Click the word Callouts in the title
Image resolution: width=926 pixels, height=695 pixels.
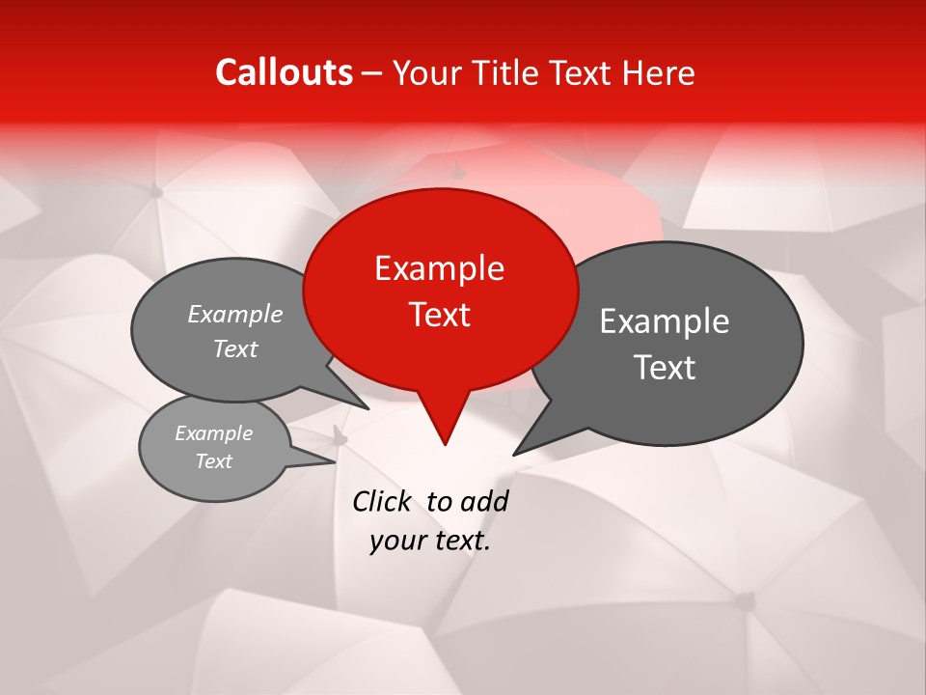(284, 72)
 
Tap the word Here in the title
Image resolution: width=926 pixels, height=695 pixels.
(658, 73)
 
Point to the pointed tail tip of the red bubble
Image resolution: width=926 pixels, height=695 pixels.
(445, 444)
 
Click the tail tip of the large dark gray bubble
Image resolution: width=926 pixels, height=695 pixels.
(514, 454)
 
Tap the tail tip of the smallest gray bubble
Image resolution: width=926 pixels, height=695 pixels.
(334, 460)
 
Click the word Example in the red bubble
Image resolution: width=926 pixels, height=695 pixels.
(439, 268)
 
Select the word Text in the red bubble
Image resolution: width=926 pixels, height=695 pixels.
(440, 315)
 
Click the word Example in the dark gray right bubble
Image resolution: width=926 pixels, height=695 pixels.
(665, 321)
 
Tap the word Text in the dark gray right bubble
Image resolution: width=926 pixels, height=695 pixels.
(666, 368)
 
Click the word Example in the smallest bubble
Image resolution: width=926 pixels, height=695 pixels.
(213, 433)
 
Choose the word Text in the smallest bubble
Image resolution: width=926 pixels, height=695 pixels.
(213, 461)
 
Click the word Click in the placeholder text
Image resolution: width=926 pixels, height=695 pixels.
(381, 501)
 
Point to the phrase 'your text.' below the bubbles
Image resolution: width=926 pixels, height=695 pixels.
(430, 541)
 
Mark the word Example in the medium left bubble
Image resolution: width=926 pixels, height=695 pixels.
(235, 314)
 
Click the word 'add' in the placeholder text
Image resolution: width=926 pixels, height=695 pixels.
(483, 501)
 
